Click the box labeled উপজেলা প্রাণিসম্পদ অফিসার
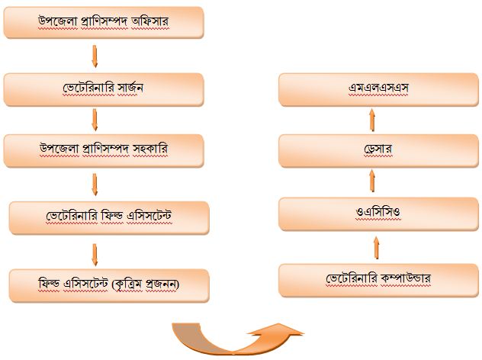point(104,23)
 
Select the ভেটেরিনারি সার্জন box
point(104,89)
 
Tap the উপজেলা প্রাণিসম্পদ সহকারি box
point(104,149)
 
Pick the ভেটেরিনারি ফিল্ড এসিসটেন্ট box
point(108,217)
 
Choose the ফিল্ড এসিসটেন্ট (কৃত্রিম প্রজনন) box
point(108,284)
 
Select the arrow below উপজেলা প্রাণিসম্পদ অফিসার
point(95,56)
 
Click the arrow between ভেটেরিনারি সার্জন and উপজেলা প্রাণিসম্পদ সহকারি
point(95,120)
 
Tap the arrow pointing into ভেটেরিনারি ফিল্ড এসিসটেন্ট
point(95,184)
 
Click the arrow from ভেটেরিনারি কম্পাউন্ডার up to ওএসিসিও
point(375,246)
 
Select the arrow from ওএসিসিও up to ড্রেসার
point(373,180)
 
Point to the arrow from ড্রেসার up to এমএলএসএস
point(373,118)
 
